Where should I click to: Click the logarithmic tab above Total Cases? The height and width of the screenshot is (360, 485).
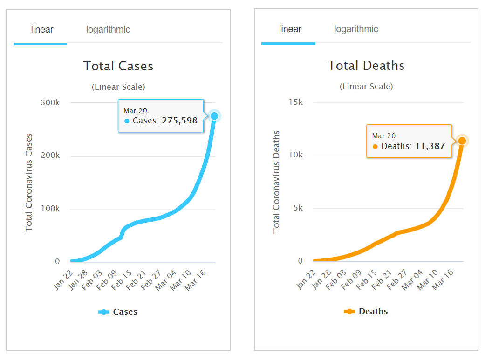108,30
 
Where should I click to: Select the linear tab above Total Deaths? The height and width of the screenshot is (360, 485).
290,29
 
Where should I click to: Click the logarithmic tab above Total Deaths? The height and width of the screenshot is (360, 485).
356,29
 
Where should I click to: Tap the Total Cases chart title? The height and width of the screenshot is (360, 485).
118,66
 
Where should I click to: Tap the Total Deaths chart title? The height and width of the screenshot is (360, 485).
366,66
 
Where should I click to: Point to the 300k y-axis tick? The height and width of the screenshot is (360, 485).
51,102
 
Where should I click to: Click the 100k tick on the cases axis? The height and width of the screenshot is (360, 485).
51,209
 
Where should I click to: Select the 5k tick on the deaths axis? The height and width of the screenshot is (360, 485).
298,208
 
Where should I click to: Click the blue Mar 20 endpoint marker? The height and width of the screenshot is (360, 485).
214,116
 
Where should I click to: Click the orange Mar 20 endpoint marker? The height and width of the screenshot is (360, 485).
462,141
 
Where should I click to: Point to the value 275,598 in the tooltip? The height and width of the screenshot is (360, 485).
179,121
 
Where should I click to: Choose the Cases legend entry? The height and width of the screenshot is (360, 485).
118,312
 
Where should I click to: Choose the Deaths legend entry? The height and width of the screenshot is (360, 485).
366,312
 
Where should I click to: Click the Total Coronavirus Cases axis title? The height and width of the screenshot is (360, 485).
29,182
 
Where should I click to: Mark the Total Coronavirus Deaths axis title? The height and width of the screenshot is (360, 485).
276,182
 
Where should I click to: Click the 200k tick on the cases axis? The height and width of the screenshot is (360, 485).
51,156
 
